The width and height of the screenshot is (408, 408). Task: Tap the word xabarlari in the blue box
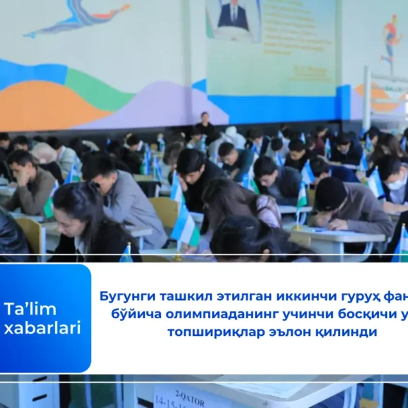pos(42,328)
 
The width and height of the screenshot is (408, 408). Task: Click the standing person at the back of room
pos(204,126)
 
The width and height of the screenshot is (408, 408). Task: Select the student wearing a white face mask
pos(395,177)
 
